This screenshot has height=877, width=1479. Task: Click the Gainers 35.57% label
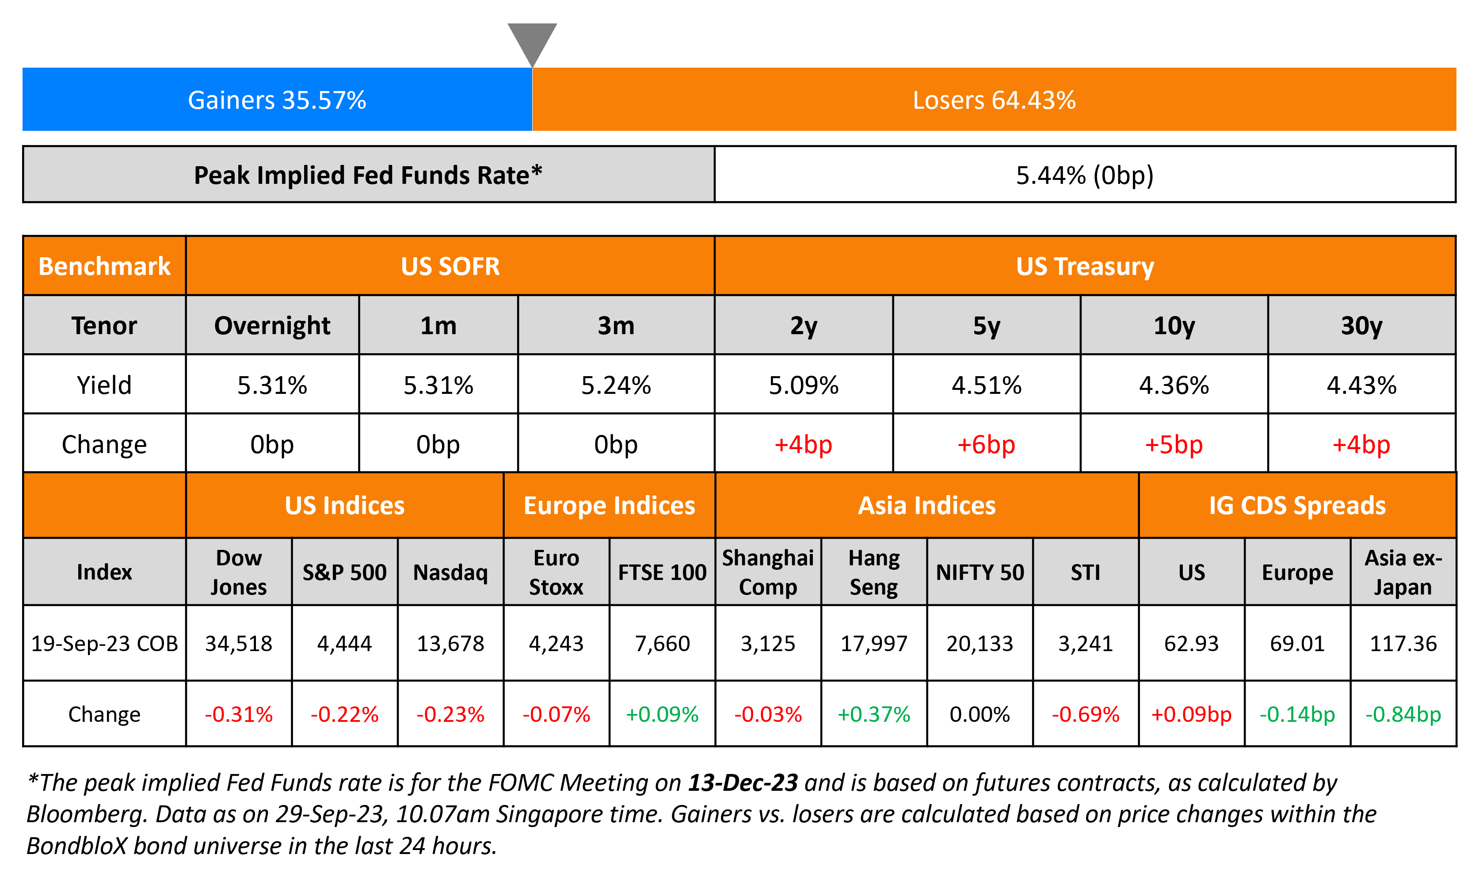(277, 100)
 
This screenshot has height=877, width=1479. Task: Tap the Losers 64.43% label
(994, 100)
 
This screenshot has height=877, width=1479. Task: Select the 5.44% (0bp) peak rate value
(1084, 175)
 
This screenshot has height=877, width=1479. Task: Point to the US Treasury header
(1084, 266)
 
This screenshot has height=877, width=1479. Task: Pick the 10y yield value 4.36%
(1174, 385)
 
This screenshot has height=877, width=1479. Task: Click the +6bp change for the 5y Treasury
(986, 444)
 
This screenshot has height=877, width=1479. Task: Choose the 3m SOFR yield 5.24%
(616, 385)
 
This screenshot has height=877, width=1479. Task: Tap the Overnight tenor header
(272, 326)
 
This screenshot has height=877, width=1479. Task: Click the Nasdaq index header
(450, 572)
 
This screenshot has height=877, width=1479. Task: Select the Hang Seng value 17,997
(873, 644)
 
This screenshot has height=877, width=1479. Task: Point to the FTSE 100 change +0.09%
(662, 714)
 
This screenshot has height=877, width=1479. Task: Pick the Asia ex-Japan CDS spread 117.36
(1403, 644)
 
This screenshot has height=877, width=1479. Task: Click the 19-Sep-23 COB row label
(104, 644)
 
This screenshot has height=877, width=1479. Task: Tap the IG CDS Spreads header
(1297, 505)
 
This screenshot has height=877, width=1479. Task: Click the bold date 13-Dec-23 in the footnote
(743, 782)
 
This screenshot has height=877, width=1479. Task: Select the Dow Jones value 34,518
(238, 644)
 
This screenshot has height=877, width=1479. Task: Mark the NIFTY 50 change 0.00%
(979, 714)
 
